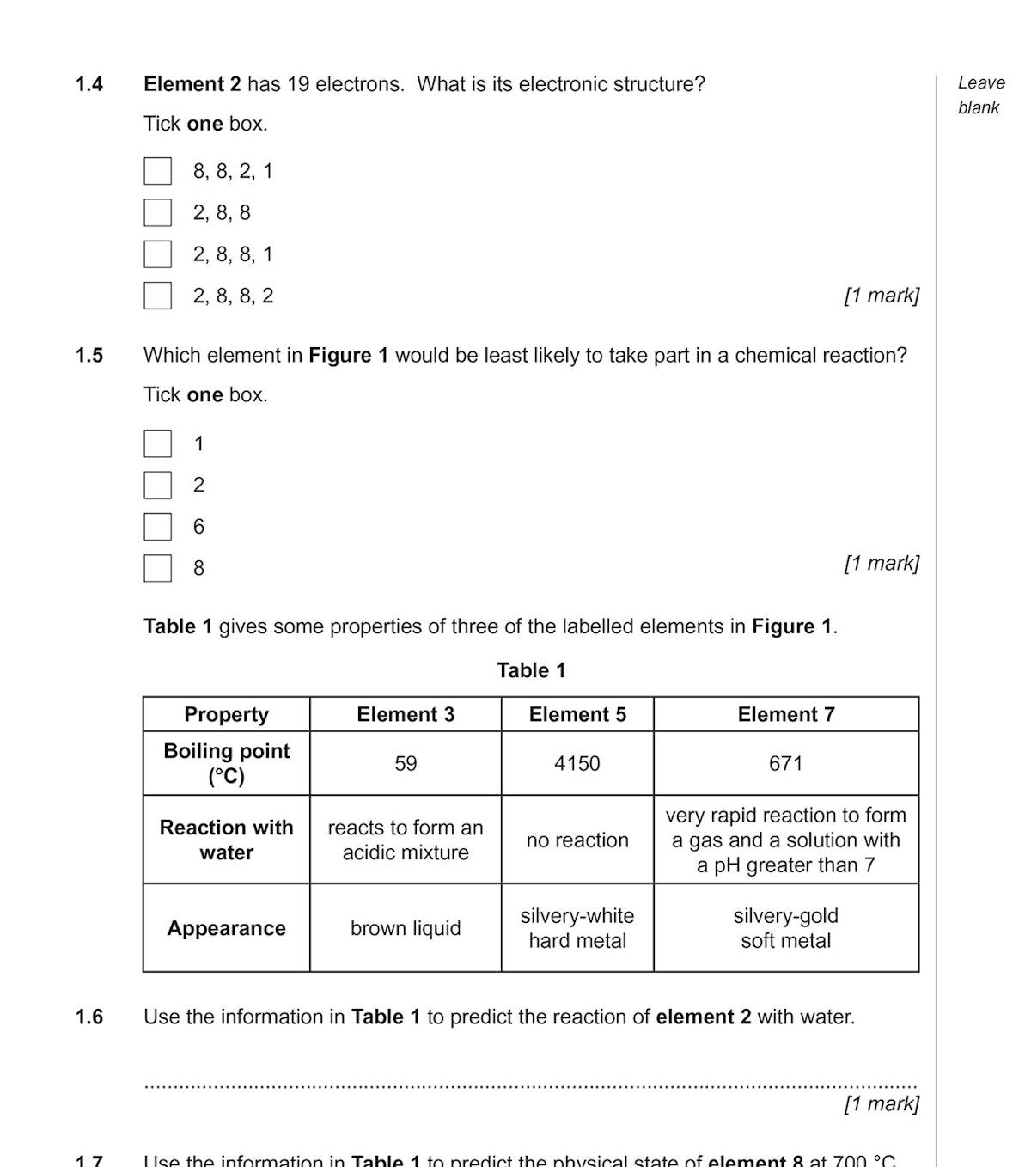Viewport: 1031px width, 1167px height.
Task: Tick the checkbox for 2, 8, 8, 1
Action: tap(157, 254)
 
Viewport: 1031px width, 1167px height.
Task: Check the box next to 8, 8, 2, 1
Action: tap(157, 171)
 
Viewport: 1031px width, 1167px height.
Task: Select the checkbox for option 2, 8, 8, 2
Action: tap(157, 296)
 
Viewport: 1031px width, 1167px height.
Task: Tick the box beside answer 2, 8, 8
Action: tap(157, 212)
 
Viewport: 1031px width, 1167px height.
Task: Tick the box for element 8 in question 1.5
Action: tap(157, 568)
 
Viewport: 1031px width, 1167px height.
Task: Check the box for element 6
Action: tap(157, 527)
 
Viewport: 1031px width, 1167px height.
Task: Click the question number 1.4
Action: tap(89, 84)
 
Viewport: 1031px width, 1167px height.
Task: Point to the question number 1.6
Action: tap(89, 1017)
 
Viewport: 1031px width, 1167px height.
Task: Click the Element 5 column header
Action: tap(577, 714)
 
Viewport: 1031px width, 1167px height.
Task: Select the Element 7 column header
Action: tap(785, 714)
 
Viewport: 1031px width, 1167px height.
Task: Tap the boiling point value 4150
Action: tap(577, 763)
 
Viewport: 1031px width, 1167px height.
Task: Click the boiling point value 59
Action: tap(406, 763)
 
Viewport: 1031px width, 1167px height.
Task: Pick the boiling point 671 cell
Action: tap(785, 763)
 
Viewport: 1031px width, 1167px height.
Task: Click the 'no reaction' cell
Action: tap(577, 840)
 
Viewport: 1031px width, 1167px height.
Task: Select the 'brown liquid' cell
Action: tap(406, 928)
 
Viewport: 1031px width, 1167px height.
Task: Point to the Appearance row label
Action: tap(227, 928)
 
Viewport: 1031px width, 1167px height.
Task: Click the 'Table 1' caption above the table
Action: tap(531, 670)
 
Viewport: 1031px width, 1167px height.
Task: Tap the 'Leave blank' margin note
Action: tap(980, 95)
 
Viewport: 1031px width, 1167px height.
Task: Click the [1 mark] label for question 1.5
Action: tap(882, 564)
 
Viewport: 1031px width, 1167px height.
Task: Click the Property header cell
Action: tap(227, 714)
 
